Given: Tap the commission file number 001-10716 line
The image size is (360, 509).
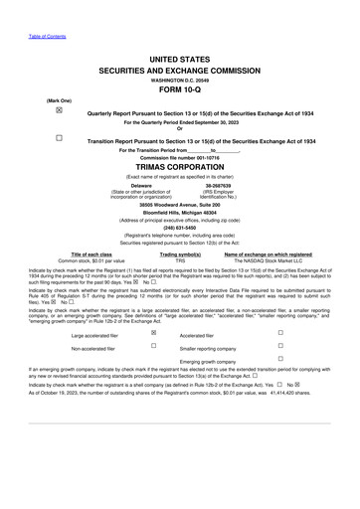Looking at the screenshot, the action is tap(180, 158).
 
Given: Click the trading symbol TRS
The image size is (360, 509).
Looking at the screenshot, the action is tap(180, 260).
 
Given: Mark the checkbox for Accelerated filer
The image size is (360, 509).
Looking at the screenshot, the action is tap(280, 334).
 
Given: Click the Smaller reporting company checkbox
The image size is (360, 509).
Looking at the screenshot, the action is tap(280, 348).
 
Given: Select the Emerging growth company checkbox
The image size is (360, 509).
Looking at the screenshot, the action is tap(280, 360).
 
